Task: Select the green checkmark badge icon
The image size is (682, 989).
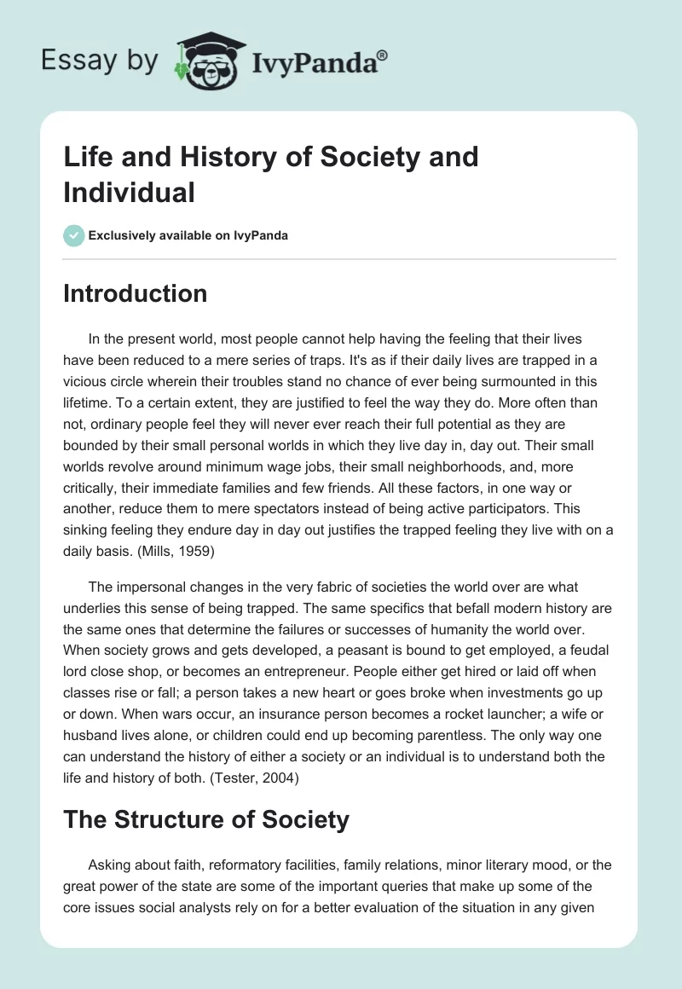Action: (x=73, y=235)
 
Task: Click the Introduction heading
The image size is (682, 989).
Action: (x=135, y=293)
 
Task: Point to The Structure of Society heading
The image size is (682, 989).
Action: (x=205, y=819)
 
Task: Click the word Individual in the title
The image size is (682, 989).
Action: (x=129, y=192)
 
